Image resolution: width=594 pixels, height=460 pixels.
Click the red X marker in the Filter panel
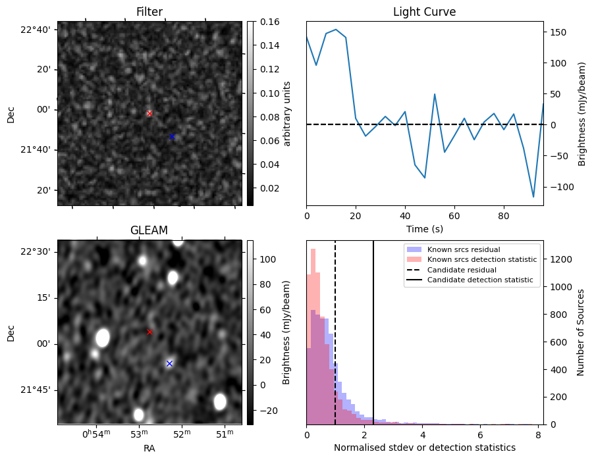click(149, 114)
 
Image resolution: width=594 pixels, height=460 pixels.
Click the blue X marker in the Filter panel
click(172, 137)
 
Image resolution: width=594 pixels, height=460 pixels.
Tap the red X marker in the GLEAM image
click(149, 332)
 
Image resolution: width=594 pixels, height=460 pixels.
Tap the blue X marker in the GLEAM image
click(169, 363)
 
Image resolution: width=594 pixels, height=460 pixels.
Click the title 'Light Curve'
click(424, 12)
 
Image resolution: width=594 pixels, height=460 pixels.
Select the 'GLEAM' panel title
click(149, 230)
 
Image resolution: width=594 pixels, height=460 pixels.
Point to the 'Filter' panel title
click(149, 12)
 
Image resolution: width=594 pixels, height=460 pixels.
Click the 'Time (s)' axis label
click(425, 228)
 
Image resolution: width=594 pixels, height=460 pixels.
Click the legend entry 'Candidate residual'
click(462, 270)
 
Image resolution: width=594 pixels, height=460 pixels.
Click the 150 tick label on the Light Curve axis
click(558, 32)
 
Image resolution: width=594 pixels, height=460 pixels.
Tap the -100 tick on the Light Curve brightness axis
click(560, 187)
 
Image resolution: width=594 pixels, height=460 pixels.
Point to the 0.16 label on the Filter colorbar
click(270, 22)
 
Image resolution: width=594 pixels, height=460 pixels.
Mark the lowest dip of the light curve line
click(533, 197)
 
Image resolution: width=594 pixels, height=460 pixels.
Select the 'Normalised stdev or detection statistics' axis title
click(425, 447)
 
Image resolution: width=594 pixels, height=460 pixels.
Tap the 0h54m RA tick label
click(96, 434)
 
